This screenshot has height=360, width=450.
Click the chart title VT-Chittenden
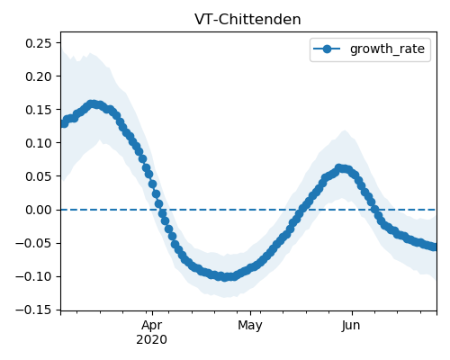[247, 20]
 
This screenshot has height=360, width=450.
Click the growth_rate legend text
[387, 49]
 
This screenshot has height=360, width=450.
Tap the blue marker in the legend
[327, 49]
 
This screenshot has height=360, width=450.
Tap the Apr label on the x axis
[152, 326]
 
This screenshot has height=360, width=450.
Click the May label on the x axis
[250, 326]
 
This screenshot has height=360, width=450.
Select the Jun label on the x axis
[351, 325]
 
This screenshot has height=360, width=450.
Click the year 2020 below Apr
[152, 340]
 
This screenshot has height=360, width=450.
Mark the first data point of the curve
[62, 123]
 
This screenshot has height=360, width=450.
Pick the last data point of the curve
[435, 247]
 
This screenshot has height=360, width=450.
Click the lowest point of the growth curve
[225, 277]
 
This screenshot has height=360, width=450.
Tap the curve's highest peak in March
[93, 104]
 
